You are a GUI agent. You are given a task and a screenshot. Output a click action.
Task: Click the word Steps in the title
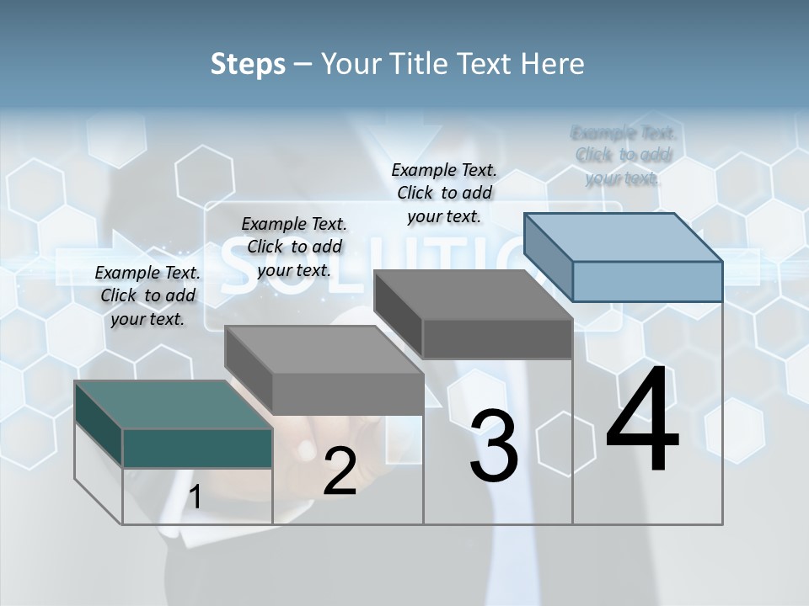[248, 64]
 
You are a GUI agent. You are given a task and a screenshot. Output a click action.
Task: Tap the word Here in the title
[552, 64]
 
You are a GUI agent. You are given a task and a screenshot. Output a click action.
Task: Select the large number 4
[642, 421]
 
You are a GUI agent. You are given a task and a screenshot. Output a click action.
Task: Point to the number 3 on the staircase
[494, 446]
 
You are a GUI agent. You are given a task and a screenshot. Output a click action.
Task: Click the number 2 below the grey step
[340, 471]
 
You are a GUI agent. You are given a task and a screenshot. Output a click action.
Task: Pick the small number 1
[195, 497]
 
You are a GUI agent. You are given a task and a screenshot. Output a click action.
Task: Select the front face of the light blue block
[647, 281]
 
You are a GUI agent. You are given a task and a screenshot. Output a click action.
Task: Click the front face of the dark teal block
[197, 448]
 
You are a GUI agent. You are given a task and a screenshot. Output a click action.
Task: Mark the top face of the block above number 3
[473, 295]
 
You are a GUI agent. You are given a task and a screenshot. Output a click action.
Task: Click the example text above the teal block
[147, 295]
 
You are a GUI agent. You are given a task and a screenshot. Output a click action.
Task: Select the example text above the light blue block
[623, 156]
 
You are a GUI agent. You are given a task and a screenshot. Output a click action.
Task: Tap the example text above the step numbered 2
[294, 247]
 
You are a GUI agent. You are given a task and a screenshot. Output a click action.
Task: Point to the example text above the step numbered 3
[444, 193]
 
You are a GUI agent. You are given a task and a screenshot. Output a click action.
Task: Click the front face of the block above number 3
[497, 339]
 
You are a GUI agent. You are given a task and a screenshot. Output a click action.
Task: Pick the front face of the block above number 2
[347, 394]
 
